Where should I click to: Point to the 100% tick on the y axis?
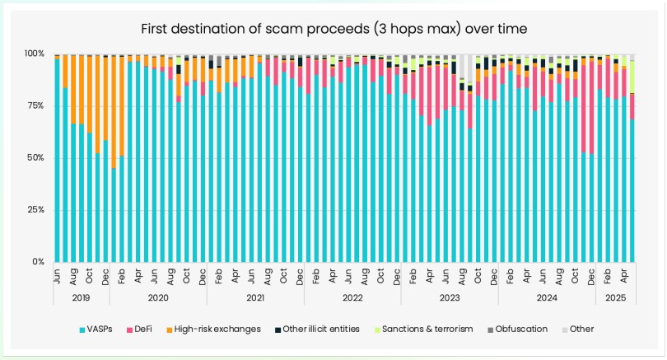pos(35,54)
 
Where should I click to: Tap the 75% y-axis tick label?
pos(36,105)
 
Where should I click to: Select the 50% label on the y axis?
pos(36,158)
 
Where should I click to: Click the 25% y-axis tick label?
pos(36,210)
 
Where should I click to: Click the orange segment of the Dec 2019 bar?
pos(106,99)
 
